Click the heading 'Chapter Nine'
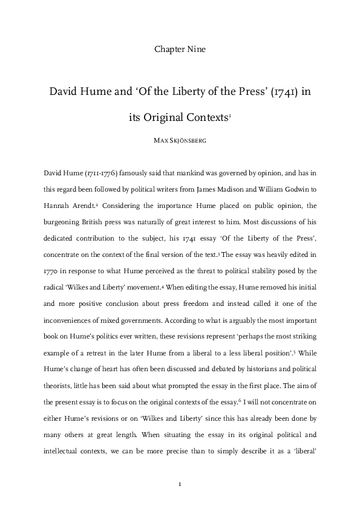pyautogui.click(x=180, y=50)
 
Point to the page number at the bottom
pyautogui.click(x=180, y=484)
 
